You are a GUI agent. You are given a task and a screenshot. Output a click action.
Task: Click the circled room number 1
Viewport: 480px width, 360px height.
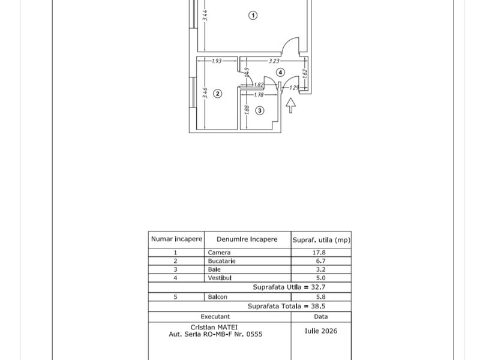click(253, 15)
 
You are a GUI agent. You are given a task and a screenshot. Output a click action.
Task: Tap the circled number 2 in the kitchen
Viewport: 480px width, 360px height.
click(217, 94)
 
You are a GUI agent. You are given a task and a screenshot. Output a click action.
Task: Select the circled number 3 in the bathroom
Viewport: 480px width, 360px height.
click(260, 110)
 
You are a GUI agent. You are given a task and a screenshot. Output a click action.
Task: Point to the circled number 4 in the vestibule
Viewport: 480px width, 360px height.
click(280, 72)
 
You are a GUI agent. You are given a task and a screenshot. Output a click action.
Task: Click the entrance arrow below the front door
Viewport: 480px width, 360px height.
click(290, 106)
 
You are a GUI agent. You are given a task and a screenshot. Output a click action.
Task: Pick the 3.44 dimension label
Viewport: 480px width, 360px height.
click(205, 16)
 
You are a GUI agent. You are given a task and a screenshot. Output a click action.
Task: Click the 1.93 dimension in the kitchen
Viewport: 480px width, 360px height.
click(217, 61)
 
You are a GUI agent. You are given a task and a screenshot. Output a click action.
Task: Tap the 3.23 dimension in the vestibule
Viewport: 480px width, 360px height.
click(274, 61)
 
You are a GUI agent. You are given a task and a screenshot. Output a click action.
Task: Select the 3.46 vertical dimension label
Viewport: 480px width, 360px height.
click(205, 93)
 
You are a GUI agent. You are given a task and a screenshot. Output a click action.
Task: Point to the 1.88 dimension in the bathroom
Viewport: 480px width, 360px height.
click(247, 110)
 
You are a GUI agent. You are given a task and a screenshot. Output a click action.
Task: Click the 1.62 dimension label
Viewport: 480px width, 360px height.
click(304, 73)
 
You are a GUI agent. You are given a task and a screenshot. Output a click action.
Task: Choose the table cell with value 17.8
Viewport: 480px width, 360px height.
click(321, 253)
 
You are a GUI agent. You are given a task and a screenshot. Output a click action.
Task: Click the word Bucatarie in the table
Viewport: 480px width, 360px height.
click(221, 261)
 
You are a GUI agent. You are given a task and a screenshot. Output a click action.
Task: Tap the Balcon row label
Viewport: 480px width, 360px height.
click(217, 297)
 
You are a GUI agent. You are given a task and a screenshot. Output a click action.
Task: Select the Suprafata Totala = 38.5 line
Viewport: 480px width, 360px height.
click(286, 306)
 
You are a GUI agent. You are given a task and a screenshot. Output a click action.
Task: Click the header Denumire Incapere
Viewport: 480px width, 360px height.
click(247, 239)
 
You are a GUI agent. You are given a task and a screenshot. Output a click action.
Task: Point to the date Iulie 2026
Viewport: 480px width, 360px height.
click(321, 331)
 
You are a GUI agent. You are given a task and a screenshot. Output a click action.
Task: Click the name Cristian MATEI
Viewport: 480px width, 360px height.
click(214, 327)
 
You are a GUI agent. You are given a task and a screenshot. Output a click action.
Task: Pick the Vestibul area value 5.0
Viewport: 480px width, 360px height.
click(321, 278)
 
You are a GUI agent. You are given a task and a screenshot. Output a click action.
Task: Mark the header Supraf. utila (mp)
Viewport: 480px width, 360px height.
click(321, 240)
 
